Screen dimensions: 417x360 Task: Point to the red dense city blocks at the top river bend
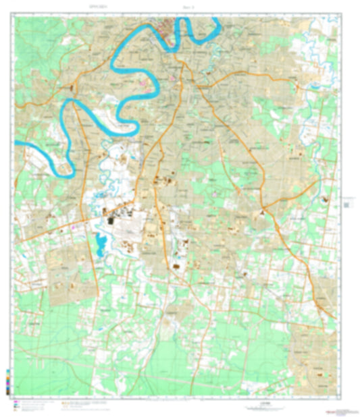pos(166,27)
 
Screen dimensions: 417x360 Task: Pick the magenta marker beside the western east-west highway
pos(74,228)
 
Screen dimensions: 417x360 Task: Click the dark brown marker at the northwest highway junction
pos(72,87)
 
